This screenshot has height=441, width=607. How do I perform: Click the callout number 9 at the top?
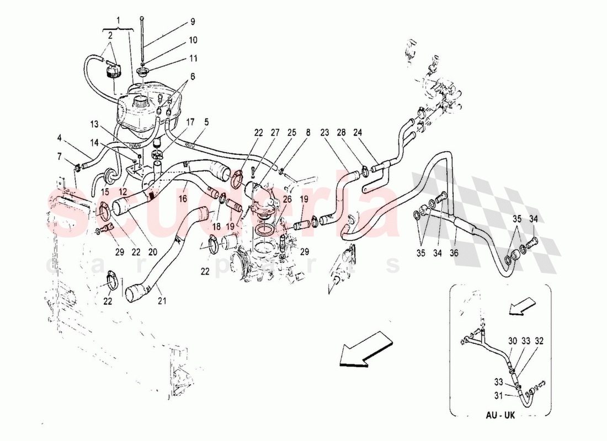(193, 22)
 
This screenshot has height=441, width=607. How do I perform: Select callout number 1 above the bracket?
(117, 20)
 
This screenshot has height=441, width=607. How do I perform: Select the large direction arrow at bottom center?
(364, 348)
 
